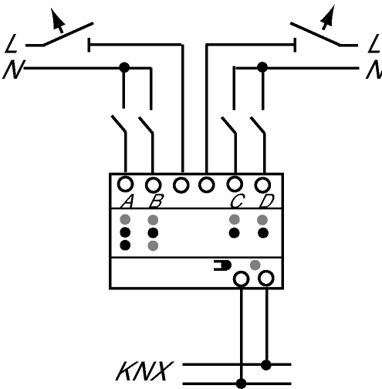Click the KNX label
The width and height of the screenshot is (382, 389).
pos(144,371)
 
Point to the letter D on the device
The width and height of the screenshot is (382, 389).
pos(267,201)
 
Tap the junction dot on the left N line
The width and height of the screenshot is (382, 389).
pos(124,68)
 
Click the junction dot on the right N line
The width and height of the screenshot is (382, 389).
pos(262,68)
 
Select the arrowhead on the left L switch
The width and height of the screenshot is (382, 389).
pos(57,18)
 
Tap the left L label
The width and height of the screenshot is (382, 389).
pos(12,44)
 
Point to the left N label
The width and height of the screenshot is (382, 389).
pos(14,69)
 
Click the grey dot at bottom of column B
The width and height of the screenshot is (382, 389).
pos(153,245)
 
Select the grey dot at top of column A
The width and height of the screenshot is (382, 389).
pos(125,220)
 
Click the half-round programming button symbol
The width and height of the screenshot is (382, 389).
pos(223,266)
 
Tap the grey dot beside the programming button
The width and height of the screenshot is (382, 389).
pos(255,265)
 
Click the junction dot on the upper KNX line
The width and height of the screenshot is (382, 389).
pos(266,365)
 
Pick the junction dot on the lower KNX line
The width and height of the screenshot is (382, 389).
pos(241,384)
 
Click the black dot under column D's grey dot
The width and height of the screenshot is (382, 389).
pos(263,233)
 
